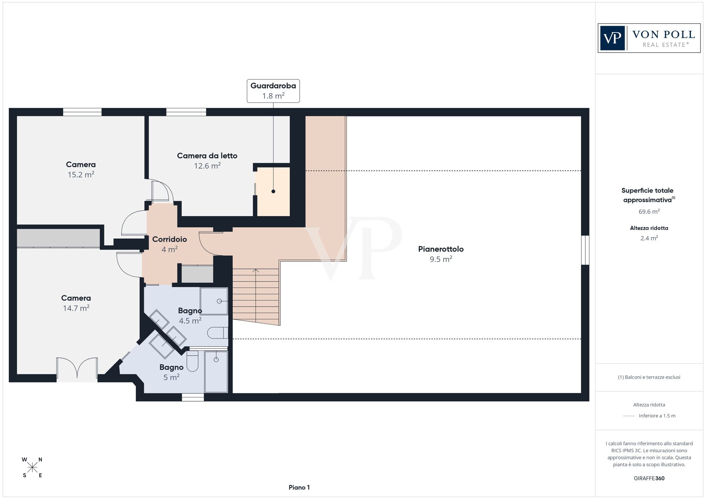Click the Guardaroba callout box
click(x=273, y=91)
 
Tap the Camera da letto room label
click(x=207, y=156)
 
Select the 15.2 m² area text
click(x=81, y=175)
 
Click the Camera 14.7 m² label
click(x=76, y=303)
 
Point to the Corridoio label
click(x=169, y=239)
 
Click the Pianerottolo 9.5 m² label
click(x=441, y=254)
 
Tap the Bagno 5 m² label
click(x=171, y=372)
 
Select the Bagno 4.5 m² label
click(x=190, y=315)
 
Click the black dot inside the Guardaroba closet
click(x=273, y=191)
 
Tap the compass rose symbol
click(x=32, y=468)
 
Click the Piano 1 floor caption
click(x=299, y=487)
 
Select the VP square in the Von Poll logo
click(x=612, y=38)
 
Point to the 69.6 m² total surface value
click(x=649, y=212)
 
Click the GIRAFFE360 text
click(x=649, y=479)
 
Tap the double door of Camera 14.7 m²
click(x=77, y=369)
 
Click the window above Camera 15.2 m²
click(x=82, y=112)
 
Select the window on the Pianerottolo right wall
click(x=585, y=250)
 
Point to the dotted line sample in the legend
click(x=629, y=416)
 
